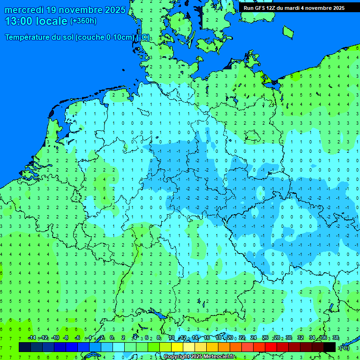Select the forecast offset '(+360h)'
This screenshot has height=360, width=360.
83,21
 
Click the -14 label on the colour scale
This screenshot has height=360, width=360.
32,337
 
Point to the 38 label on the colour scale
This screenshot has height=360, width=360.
335,337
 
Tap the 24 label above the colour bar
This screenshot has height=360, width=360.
254,337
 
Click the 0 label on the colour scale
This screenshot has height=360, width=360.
112,337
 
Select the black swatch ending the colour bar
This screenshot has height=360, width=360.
330,347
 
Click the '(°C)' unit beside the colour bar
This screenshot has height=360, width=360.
344,347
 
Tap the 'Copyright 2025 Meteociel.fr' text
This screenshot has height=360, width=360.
199,357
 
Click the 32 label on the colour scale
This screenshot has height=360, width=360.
300,337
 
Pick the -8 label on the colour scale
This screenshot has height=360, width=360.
66,337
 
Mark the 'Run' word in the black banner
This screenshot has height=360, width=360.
248,8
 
